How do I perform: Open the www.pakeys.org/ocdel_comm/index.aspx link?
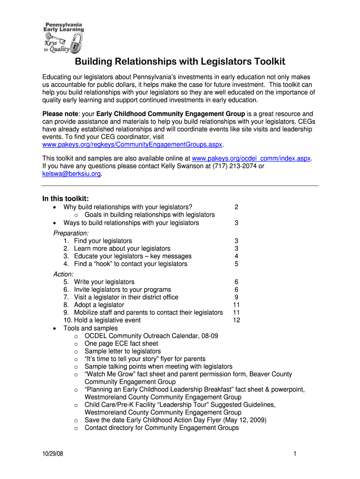(x=252, y=158)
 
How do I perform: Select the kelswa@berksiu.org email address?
(x=72, y=174)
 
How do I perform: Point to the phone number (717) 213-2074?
(x=234, y=166)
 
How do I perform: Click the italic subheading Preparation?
(x=71, y=233)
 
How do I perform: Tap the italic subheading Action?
(x=63, y=274)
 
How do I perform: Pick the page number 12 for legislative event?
(x=236, y=320)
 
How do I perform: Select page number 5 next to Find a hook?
(x=237, y=264)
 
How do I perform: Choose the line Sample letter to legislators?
(x=122, y=351)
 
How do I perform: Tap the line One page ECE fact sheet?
(x=121, y=343)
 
